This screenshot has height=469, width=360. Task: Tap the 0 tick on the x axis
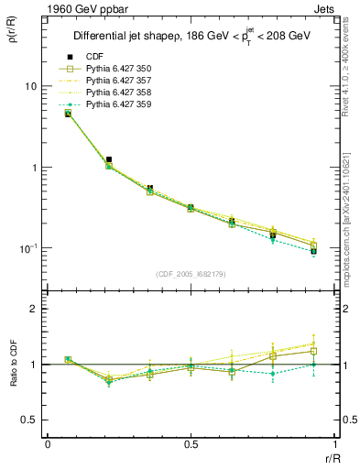click(x=48, y=444)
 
